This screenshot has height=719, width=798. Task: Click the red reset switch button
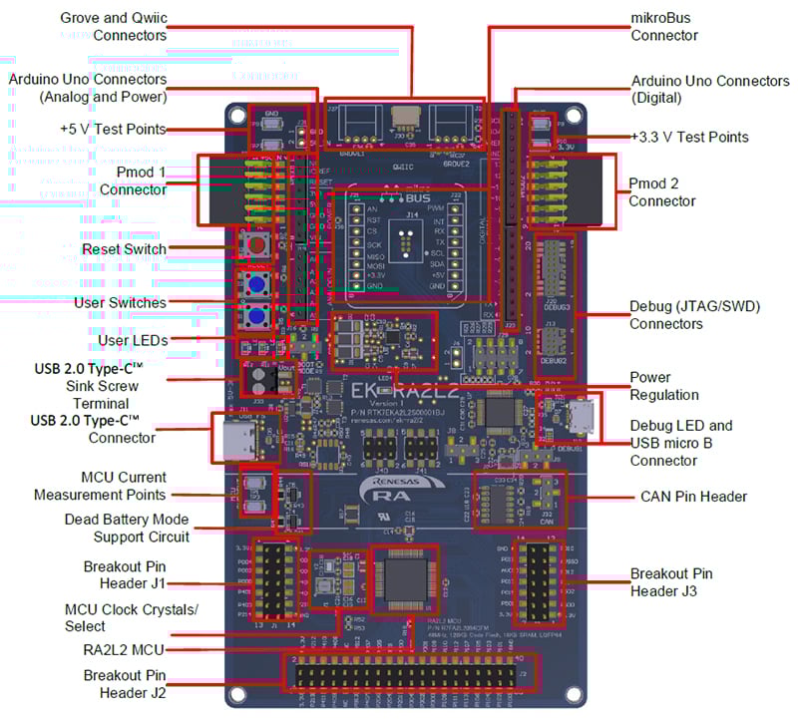point(257,246)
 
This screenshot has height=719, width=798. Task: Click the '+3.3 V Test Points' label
point(689,137)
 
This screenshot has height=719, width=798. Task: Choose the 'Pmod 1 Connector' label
point(133,180)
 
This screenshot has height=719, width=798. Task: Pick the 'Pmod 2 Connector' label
point(662,192)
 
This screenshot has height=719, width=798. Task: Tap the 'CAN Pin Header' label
point(689,496)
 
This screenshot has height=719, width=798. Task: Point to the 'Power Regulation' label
point(663,387)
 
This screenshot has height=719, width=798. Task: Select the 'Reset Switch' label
point(124,248)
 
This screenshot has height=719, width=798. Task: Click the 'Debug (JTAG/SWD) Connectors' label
point(694,315)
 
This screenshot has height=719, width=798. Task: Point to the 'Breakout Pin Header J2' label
point(125,683)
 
